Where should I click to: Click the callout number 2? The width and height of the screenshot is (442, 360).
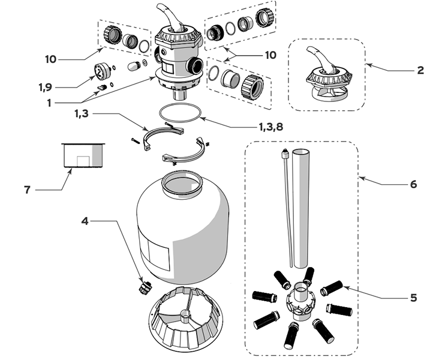(420, 70)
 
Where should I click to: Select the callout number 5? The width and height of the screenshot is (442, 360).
(412, 297)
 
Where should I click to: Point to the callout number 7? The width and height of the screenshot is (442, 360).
(27, 190)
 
